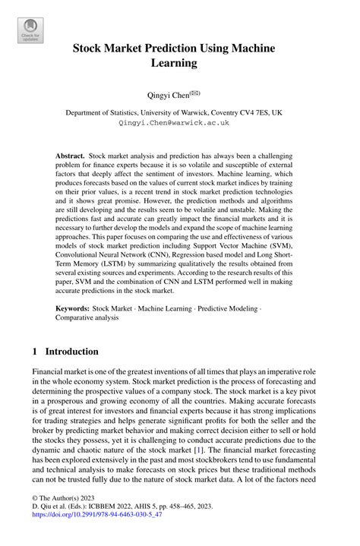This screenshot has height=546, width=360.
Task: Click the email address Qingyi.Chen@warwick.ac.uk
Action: pyautogui.click(x=179, y=122)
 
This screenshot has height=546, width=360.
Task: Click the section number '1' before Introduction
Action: pyautogui.click(x=35, y=352)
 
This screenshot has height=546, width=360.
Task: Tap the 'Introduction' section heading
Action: pyautogui.click(x=72, y=352)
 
